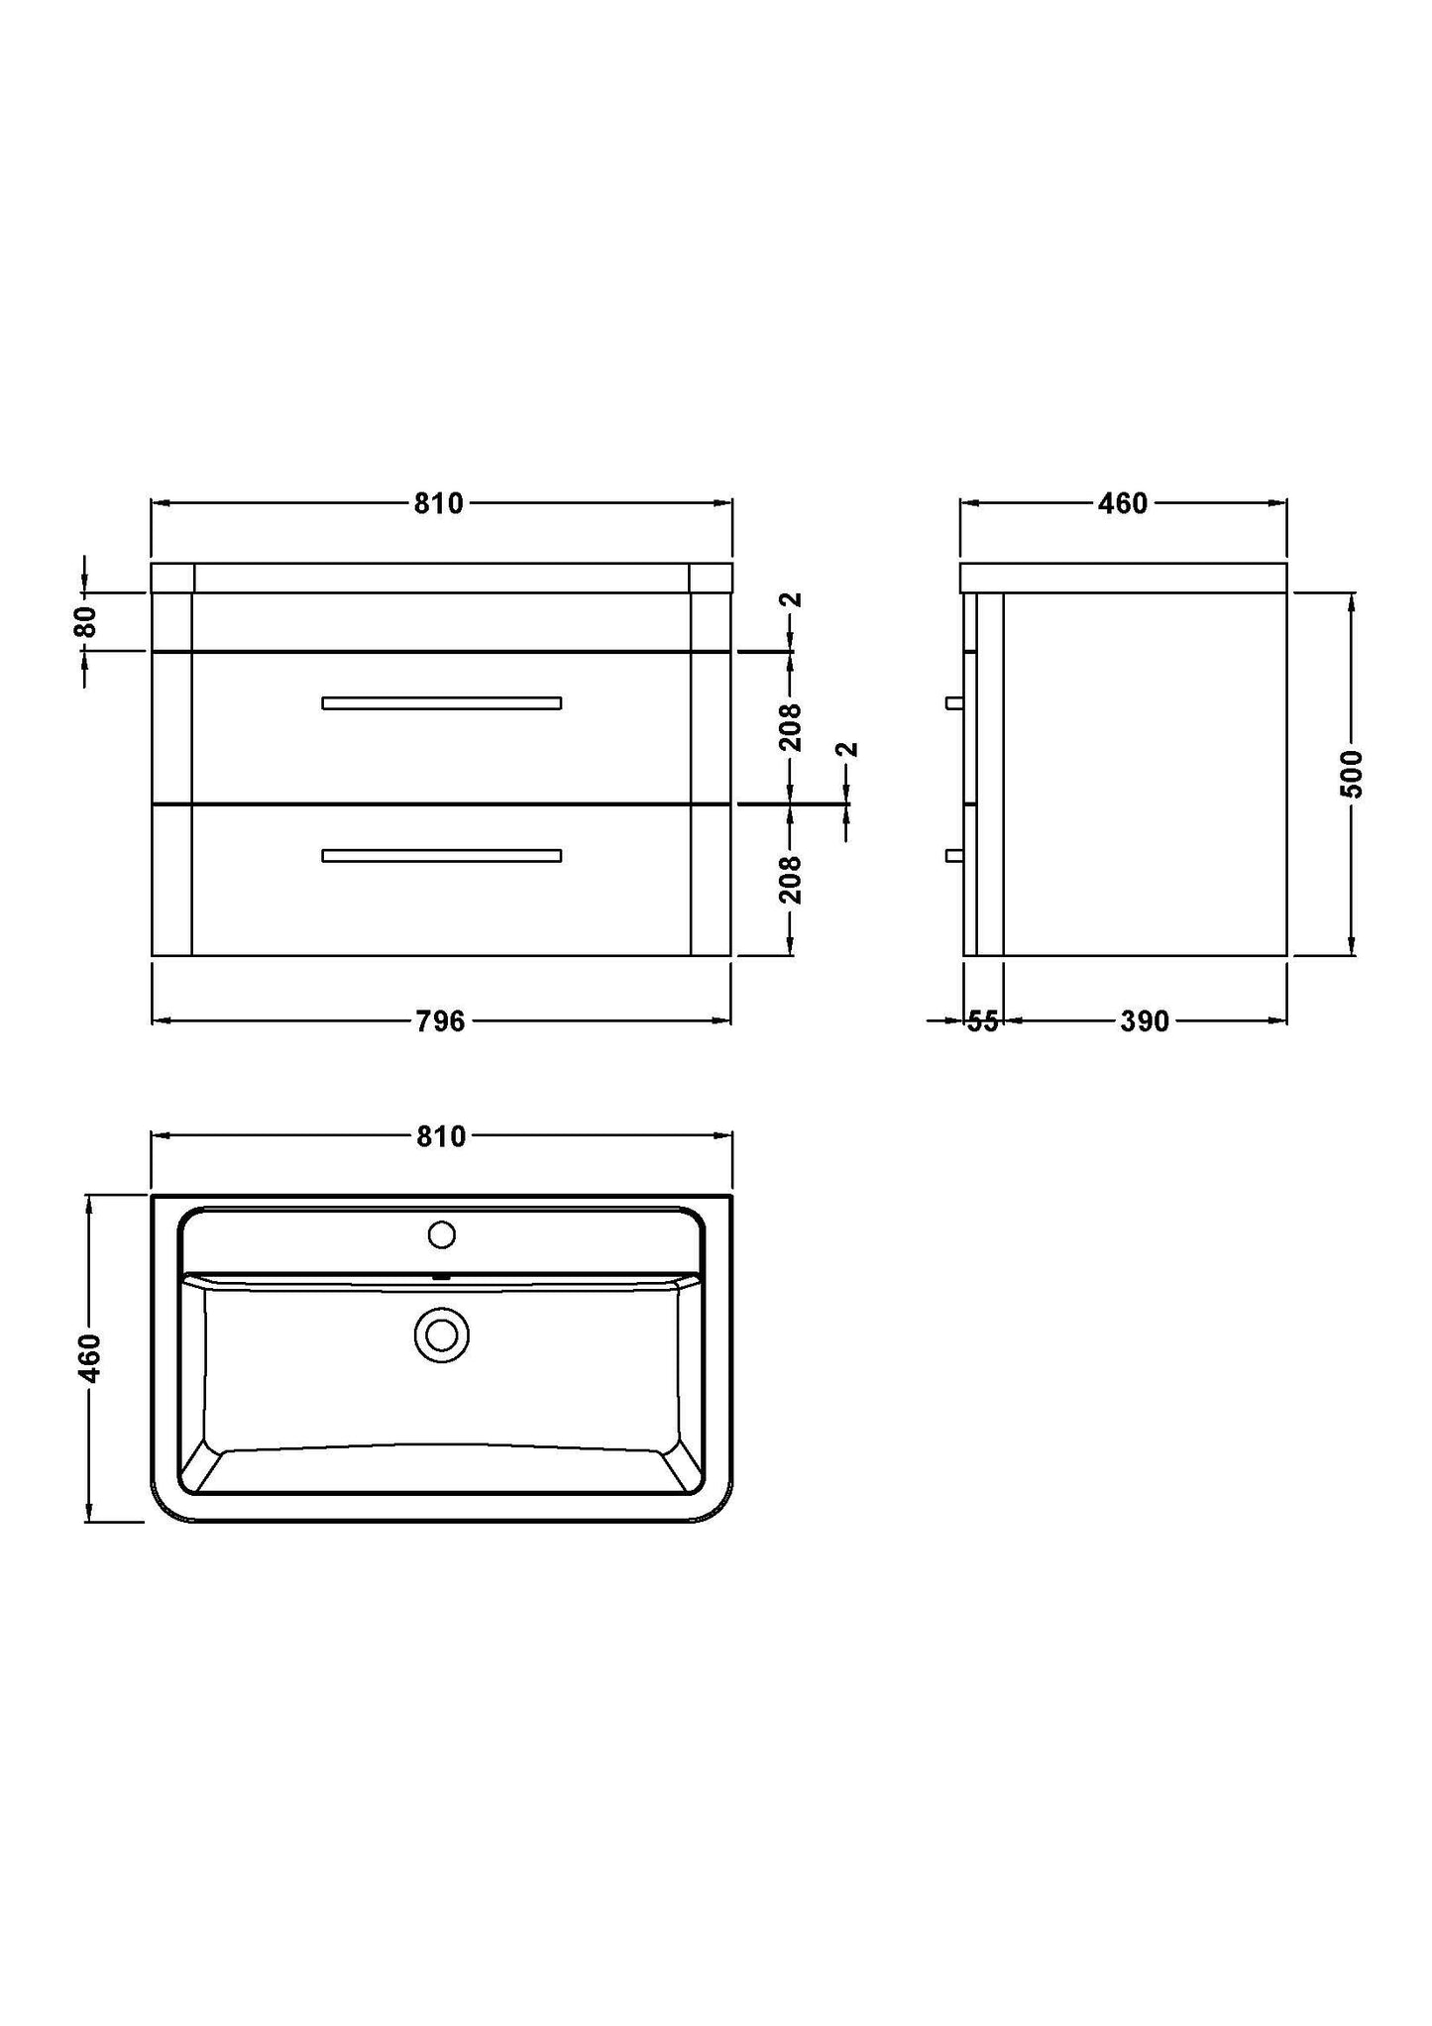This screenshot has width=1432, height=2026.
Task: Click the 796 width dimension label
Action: (x=441, y=1020)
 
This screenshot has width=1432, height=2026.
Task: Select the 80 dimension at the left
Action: (x=86, y=621)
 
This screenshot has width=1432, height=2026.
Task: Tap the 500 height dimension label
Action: (x=1352, y=774)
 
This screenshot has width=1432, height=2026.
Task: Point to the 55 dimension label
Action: (x=982, y=1021)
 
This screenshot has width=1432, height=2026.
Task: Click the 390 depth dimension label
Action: (x=1145, y=1021)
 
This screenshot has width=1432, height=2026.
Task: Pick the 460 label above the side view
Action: (x=1122, y=503)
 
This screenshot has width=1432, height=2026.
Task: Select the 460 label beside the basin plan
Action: (x=89, y=1358)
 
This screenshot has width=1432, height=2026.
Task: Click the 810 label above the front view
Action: (x=438, y=503)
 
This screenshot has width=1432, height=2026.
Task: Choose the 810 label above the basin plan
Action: (x=440, y=1136)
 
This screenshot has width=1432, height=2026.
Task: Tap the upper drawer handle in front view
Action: (x=442, y=703)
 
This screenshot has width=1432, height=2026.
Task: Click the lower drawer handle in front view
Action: (x=442, y=856)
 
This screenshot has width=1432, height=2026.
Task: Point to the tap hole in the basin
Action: (x=441, y=1234)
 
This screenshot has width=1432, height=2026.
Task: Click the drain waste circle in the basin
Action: (x=441, y=1335)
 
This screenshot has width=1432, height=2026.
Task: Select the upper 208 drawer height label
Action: (x=790, y=728)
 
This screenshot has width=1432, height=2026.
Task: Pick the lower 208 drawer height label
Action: (x=790, y=880)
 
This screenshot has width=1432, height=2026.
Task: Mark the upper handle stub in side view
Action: (x=954, y=702)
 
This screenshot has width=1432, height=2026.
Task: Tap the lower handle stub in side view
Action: (x=954, y=855)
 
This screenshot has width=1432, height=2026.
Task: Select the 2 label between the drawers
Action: (x=847, y=750)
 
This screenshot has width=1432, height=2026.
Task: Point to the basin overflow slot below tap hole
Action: (x=441, y=1277)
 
